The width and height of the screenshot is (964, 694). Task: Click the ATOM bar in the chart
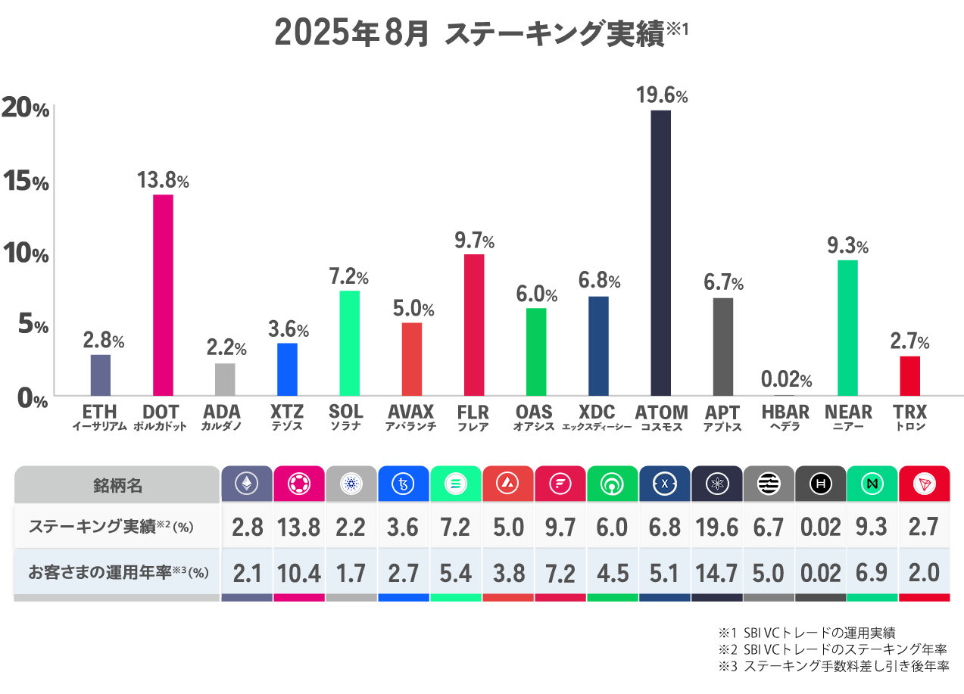point(660,253)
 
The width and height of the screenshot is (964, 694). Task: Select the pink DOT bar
point(163,295)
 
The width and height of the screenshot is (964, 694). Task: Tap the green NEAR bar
point(847,328)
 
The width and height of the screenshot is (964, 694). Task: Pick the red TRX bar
point(909,375)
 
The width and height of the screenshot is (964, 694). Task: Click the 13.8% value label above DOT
point(163,181)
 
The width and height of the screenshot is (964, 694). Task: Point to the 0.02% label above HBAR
point(786,380)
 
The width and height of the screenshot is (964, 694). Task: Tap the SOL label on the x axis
point(346,412)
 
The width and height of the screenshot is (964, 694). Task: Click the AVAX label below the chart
point(410,412)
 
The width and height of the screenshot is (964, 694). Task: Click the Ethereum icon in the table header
point(246,483)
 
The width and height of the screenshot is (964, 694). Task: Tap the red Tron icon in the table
point(924,483)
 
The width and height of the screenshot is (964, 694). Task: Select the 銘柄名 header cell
point(117,484)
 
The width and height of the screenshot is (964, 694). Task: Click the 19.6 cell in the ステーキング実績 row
point(716,528)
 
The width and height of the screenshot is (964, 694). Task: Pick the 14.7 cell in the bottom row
point(716,573)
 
